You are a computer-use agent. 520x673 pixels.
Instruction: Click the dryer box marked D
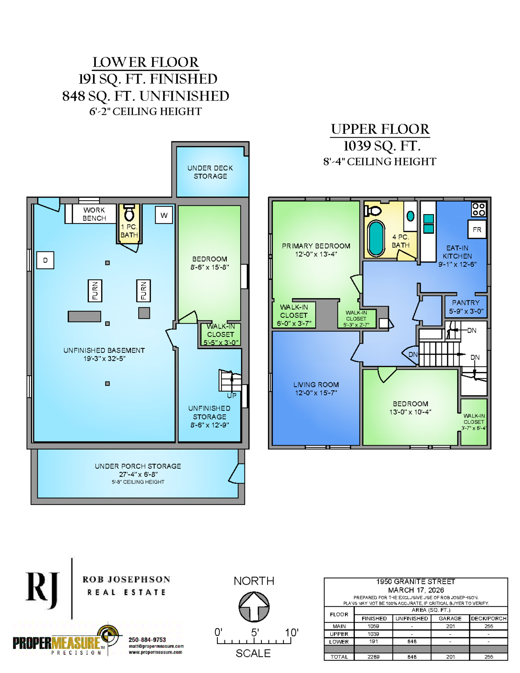(45, 260)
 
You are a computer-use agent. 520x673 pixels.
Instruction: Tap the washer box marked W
(164, 215)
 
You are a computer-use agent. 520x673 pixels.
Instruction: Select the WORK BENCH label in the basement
(94, 214)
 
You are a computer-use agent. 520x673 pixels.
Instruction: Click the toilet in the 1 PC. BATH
(129, 213)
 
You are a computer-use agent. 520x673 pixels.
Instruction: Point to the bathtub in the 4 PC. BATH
(376, 239)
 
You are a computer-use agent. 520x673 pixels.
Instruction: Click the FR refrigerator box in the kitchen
(477, 229)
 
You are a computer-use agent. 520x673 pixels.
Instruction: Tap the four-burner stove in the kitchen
(479, 209)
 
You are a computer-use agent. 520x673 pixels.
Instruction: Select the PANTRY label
(466, 303)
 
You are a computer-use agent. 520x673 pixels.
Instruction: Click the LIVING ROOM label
(316, 385)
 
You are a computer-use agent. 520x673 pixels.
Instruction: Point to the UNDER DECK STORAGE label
(210, 172)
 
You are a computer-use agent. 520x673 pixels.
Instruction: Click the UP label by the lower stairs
(232, 395)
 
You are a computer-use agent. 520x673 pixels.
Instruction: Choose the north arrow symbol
(254, 607)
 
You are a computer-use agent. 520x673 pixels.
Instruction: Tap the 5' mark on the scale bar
(255, 632)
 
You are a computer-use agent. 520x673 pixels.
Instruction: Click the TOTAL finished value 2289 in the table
(373, 657)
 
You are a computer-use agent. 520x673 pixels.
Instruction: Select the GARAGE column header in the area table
(450, 618)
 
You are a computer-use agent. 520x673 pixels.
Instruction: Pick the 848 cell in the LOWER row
(412, 641)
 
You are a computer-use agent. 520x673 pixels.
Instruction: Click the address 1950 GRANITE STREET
(416, 581)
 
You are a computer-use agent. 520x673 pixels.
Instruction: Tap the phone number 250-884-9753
(147, 640)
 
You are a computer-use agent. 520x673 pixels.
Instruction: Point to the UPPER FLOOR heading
(380, 129)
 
